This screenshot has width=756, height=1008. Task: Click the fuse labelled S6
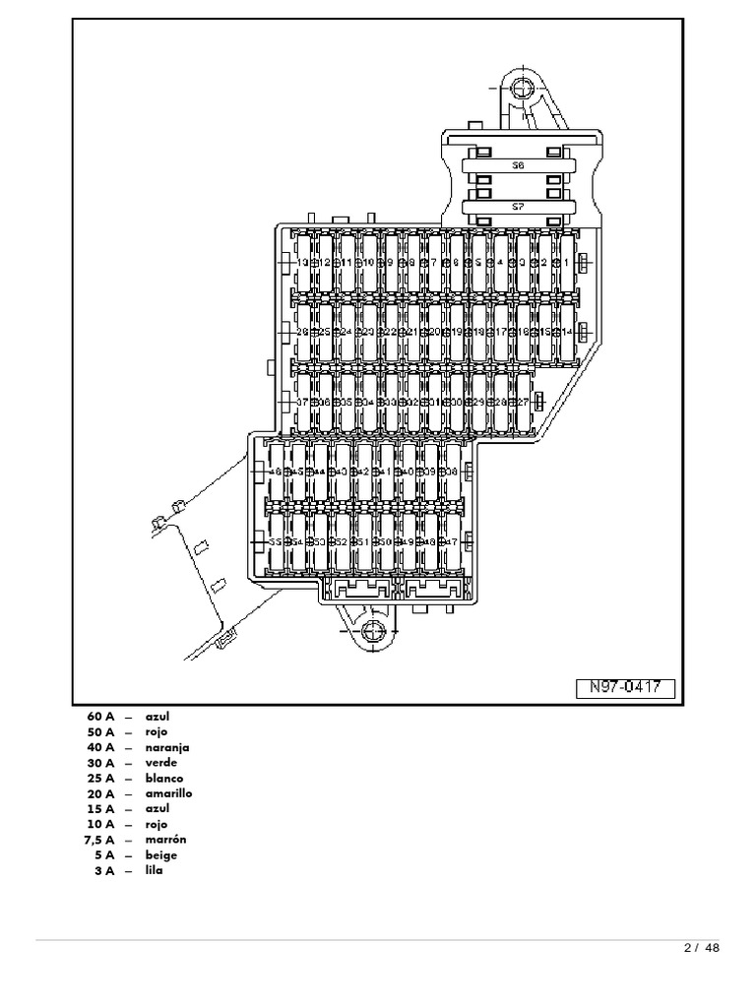[518, 166]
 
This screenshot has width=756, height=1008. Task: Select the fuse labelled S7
[518, 207]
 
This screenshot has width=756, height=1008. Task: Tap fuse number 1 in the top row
[567, 263]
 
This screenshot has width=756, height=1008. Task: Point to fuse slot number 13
[302, 263]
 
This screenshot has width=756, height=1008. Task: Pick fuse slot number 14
[567, 332]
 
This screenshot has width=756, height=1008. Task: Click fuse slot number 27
[524, 402]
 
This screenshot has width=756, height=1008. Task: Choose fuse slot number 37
[302, 402]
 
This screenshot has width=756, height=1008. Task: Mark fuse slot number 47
[453, 541]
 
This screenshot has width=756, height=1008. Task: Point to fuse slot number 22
[390, 332]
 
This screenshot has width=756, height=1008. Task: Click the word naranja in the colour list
[167, 747]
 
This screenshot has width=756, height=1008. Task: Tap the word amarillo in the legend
[169, 792]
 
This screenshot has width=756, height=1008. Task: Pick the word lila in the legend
[154, 870]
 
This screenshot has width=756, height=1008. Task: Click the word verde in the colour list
[159, 763]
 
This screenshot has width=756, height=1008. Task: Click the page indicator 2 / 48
[701, 948]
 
